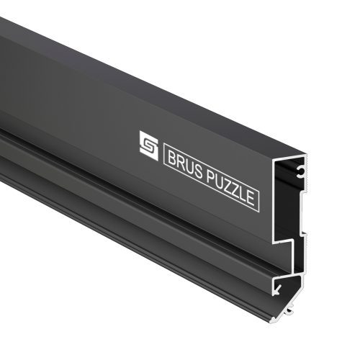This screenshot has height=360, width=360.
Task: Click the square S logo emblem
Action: click(x=149, y=145)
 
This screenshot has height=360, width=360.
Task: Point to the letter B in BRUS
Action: click(x=172, y=158)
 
